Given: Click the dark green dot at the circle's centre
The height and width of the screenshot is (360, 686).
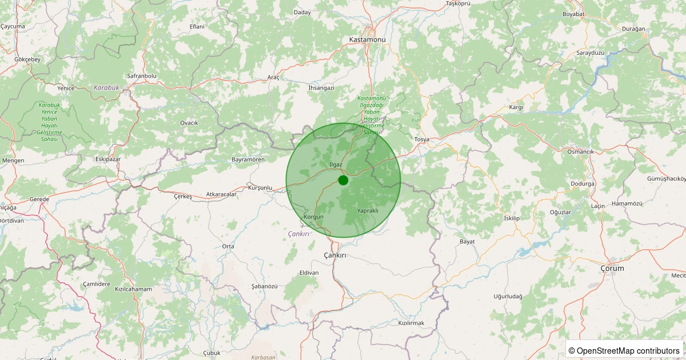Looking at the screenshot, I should (343, 180).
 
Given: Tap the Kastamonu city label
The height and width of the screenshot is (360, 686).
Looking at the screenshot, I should (368, 39).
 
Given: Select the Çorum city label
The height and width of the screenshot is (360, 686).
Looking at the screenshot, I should (612, 268).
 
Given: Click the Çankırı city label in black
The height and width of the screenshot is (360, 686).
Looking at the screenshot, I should (335, 255).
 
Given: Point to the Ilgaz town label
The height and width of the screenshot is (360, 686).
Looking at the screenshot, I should (336, 165).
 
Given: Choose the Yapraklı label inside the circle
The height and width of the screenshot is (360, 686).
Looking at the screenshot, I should (368, 211).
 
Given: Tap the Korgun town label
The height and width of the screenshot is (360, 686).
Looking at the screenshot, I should (314, 217).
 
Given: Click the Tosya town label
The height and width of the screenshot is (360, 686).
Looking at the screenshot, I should (421, 139).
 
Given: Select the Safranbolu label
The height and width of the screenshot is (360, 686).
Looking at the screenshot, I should (141, 76).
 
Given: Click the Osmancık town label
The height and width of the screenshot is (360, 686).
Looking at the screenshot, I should (581, 151).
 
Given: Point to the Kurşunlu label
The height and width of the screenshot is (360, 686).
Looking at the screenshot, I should (261, 187).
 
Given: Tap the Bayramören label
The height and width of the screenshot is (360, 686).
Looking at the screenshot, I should (248, 159).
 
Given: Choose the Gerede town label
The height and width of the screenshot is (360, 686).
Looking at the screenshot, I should (39, 199).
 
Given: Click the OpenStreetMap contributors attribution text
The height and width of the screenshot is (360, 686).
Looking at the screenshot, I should (624, 350).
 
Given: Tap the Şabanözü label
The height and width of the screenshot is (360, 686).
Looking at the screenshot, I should (264, 286).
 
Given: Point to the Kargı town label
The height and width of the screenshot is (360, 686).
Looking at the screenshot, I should (516, 107).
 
